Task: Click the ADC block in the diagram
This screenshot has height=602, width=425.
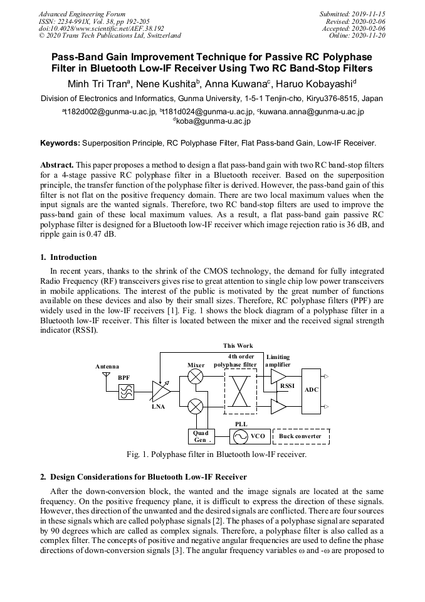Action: click(312, 390)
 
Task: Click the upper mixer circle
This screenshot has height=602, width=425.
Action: click(196, 376)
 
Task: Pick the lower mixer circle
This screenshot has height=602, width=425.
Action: click(196, 407)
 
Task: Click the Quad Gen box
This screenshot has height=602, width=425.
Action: click(201, 436)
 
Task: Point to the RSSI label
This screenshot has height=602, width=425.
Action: click(287, 386)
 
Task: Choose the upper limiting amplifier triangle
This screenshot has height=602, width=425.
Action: click(277, 376)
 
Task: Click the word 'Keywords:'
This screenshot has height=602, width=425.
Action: click(60, 144)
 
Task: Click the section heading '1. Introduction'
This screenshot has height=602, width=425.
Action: click(68, 257)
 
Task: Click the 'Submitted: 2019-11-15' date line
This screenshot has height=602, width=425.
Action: click(354, 14)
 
